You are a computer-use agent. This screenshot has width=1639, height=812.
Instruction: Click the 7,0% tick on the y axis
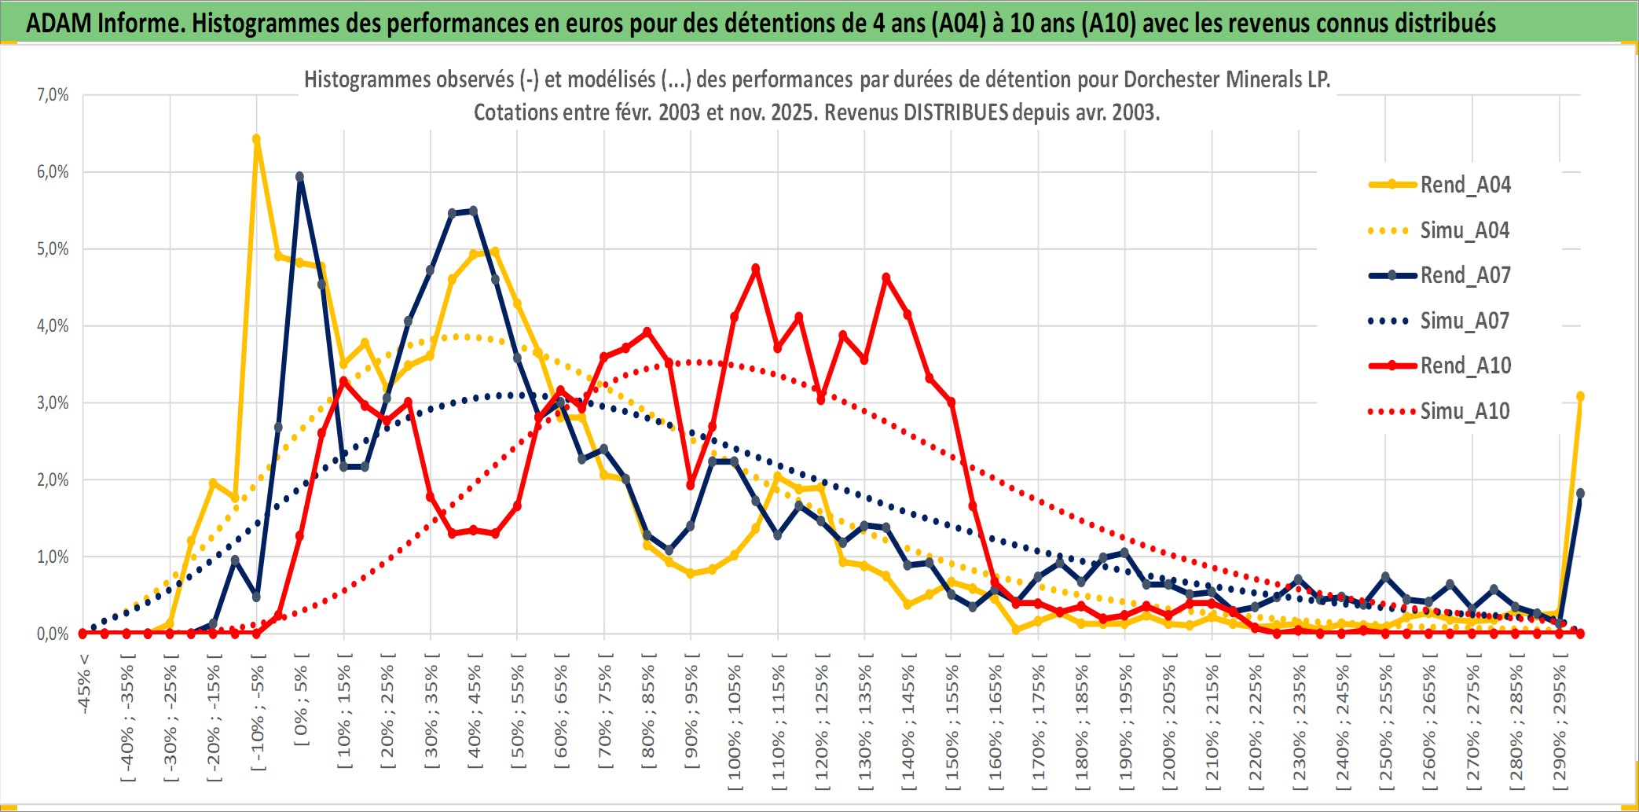53,95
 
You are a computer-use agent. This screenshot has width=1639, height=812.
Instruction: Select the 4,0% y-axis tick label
53,326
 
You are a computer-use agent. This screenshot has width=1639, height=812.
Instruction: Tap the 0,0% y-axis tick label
53,634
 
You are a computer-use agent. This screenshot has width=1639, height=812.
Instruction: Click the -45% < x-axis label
83,684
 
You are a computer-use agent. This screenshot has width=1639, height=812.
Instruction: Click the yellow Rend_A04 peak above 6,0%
256,139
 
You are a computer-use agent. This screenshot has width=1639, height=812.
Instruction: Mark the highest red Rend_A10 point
756,269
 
